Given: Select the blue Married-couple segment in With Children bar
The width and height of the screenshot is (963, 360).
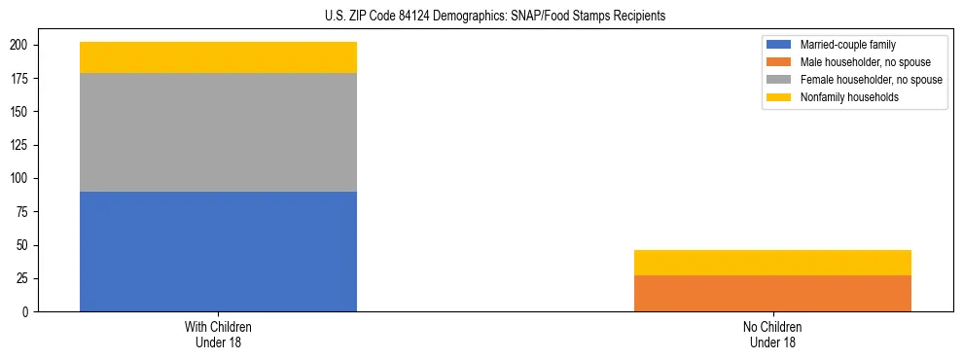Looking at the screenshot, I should [x=218, y=251].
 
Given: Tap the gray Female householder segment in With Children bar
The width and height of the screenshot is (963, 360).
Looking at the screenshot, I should [x=218, y=132].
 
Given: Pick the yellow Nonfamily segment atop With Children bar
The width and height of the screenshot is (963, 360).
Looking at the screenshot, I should [x=218, y=57].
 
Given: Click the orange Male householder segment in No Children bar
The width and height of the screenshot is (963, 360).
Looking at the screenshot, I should [x=772, y=293].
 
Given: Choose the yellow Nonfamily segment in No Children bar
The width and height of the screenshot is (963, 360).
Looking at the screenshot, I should [x=772, y=263].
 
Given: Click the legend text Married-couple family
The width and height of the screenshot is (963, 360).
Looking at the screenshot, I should [x=847, y=45].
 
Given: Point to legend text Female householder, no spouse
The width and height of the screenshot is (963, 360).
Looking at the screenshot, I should [x=871, y=80].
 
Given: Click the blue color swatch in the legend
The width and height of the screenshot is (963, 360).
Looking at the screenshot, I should [x=779, y=45].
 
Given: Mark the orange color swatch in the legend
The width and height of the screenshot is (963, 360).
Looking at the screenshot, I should [x=779, y=62].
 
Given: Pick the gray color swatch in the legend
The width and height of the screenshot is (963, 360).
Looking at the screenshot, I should [x=779, y=80].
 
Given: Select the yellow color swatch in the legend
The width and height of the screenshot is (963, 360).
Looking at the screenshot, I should [x=779, y=97].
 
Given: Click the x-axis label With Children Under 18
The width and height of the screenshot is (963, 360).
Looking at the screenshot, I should [x=218, y=334].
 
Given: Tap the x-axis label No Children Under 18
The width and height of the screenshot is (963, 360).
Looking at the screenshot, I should [x=772, y=334].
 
